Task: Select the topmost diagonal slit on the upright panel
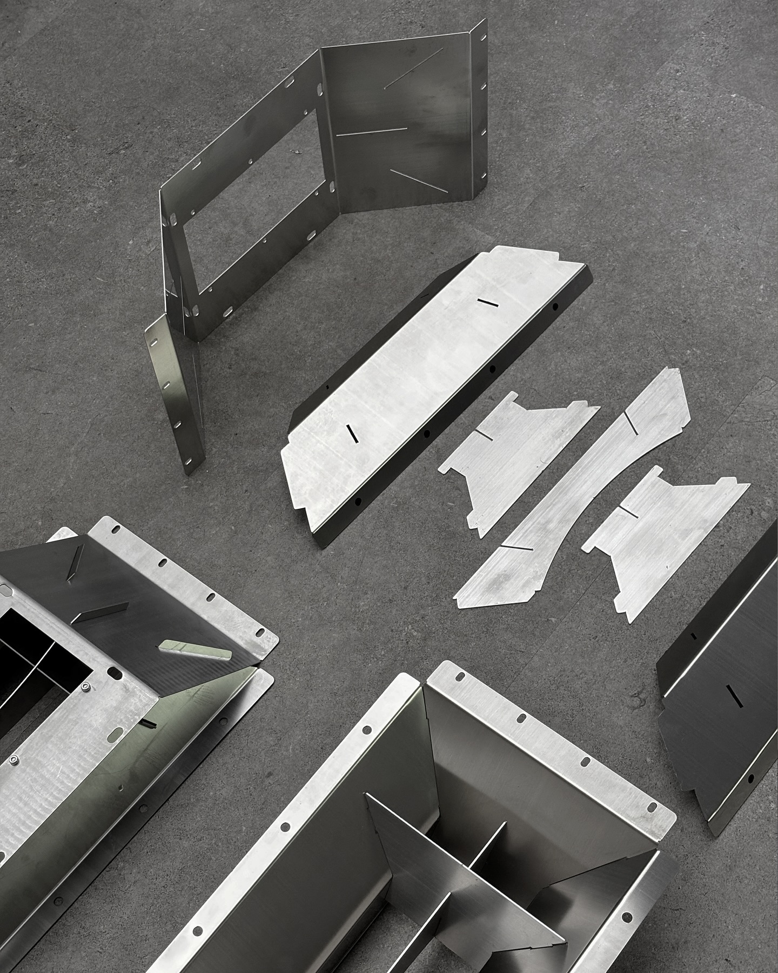click(413, 68)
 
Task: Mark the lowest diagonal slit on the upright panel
click(417, 181)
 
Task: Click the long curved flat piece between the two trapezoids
click(573, 486)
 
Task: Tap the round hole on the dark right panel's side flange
click(750, 778)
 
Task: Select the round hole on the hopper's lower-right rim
click(626, 902)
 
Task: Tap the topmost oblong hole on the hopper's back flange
click(460, 677)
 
